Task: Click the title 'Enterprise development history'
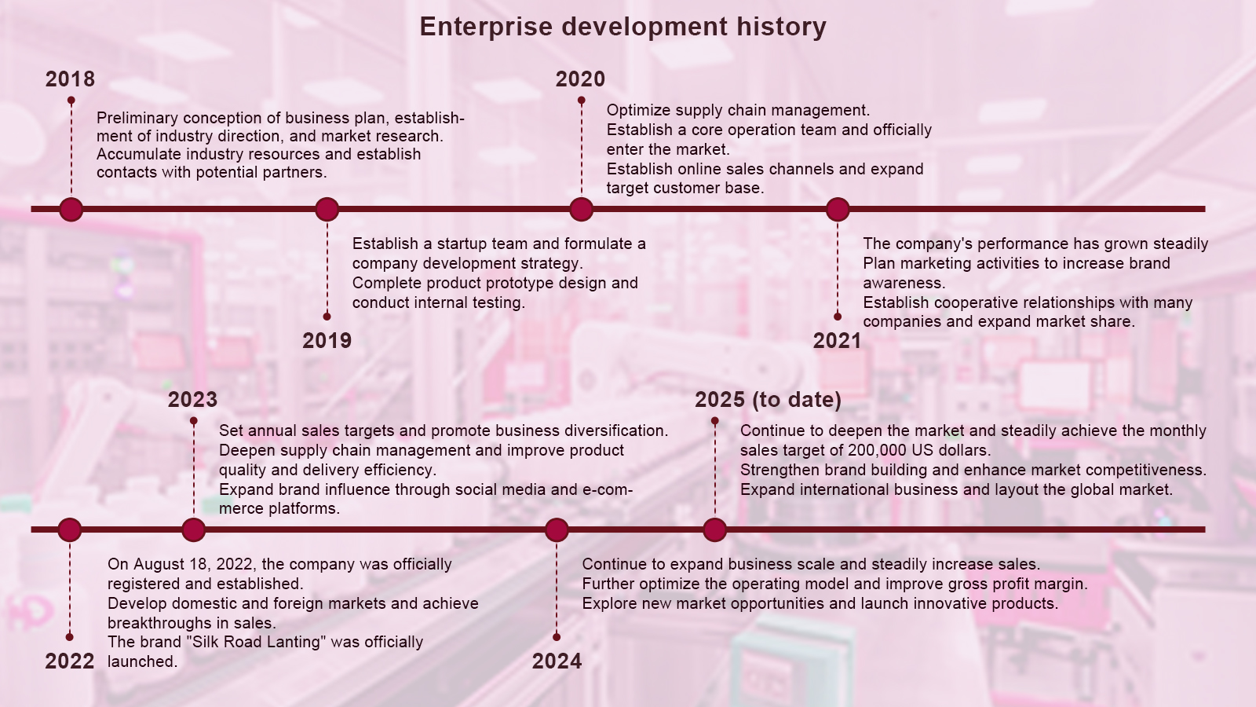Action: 623,27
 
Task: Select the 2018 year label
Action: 70,79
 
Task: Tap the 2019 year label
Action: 327,341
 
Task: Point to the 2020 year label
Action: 580,79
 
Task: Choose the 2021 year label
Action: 837,341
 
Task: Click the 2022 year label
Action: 70,661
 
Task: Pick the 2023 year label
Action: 192,400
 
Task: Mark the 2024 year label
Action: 557,661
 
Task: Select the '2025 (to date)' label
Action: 769,400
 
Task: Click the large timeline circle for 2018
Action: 71,209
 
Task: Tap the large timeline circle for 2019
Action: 327,209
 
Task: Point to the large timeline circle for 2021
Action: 838,209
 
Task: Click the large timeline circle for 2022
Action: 70,529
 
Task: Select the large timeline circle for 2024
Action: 557,529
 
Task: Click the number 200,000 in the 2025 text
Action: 879,451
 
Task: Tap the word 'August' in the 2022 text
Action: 159,565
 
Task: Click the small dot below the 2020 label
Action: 582,101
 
